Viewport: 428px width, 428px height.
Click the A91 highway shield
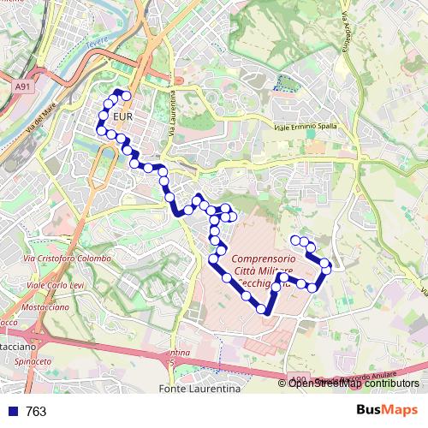click(23, 86)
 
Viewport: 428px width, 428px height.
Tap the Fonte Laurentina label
click(199, 389)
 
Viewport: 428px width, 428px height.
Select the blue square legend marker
click(12, 412)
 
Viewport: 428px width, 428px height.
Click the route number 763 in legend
click(36, 412)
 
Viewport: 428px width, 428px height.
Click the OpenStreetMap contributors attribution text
click(354, 383)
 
